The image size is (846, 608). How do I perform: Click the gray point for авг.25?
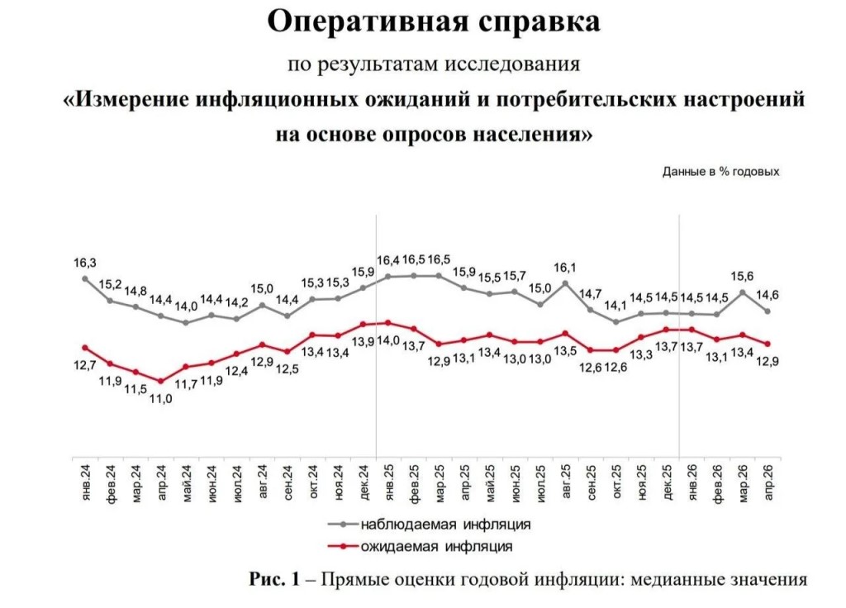(565, 283)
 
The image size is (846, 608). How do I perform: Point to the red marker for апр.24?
(161, 382)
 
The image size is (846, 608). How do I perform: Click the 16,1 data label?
(565, 268)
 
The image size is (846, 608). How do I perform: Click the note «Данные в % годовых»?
(720, 172)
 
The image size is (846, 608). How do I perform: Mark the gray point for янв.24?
(85, 278)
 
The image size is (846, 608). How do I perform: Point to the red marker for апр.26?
(768, 344)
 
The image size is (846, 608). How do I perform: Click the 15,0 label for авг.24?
(262, 288)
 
